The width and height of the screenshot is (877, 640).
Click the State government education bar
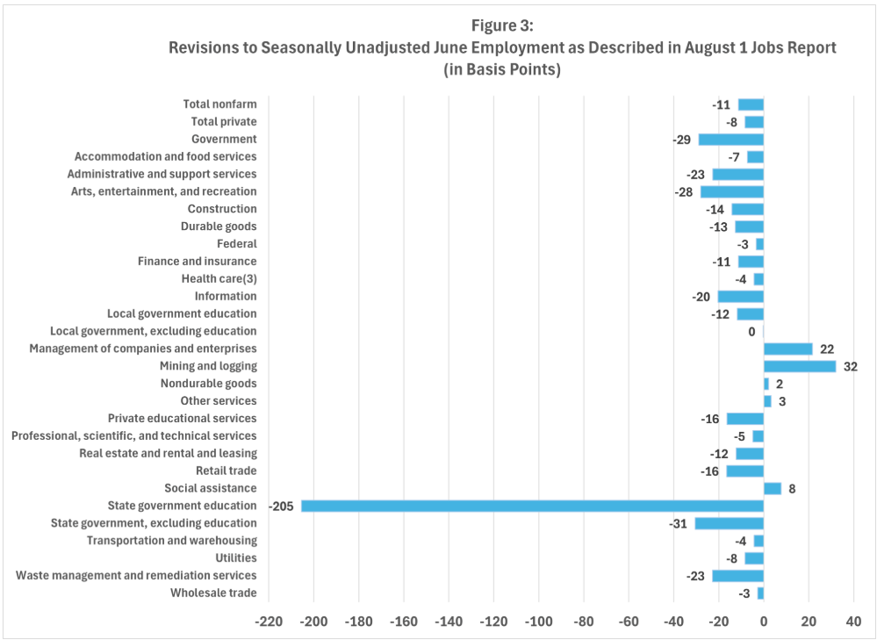coord(532,506)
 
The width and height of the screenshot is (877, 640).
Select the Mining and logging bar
coord(799,366)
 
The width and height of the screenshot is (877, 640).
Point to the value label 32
coord(850,366)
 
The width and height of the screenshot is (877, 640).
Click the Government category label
coord(224,139)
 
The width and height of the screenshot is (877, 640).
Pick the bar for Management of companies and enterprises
coord(787,349)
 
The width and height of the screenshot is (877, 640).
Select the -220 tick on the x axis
coord(268,622)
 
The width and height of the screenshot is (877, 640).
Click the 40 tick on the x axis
coord(853,622)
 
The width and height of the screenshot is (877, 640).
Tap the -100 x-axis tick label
coord(538,622)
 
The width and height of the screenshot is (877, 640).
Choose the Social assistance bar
coord(772,488)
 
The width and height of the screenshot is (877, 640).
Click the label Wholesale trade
coord(214,593)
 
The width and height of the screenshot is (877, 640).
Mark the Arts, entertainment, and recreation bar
coord(731,191)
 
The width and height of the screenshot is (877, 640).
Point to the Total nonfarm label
coord(219,104)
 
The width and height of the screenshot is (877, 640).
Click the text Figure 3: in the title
coord(501,25)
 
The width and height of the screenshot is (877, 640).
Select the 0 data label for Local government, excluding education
coord(751,331)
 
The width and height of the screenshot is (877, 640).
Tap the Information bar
coord(740,296)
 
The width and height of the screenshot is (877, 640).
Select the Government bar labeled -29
coord(730,139)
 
